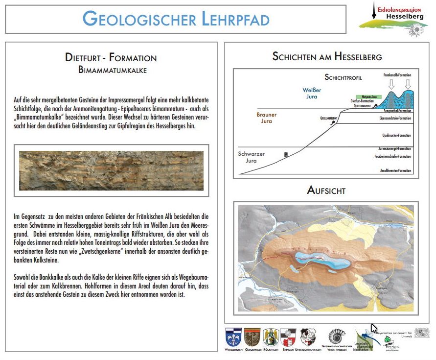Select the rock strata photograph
pos(111,170)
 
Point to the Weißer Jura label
pos(309,93)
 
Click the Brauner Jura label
pos(267,118)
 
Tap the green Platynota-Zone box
pos(368,97)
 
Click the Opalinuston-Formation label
pos(396,135)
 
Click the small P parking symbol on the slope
pos(285,155)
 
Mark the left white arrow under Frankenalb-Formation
pos(390,84)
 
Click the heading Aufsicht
pos(326,191)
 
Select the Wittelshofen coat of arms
pos(233,336)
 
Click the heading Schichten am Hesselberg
pos(327,57)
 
